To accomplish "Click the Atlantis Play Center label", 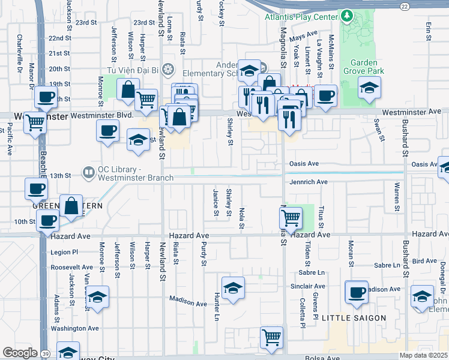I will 301,17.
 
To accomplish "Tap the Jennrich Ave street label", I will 309,182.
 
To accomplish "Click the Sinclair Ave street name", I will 308,286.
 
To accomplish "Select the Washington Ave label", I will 74,328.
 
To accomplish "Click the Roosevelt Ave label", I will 71,267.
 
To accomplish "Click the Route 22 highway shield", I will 405,5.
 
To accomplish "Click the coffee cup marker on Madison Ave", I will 357,292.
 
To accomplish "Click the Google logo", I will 20,353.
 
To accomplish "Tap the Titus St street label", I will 322,217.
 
